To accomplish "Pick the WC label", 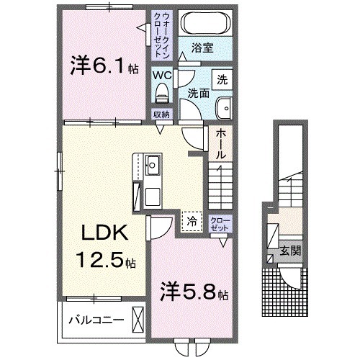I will (x=161, y=73).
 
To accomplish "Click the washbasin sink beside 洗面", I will (x=224, y=107).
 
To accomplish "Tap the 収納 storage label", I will (x=161, y=114).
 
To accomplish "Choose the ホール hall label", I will (x=220, y=143).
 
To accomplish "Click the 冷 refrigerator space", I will (x=192, y=221).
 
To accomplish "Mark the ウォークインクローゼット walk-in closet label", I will (x=160, y=35).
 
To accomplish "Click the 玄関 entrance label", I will (x=290, y=251).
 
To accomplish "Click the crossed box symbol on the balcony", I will (x=138, y=318).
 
